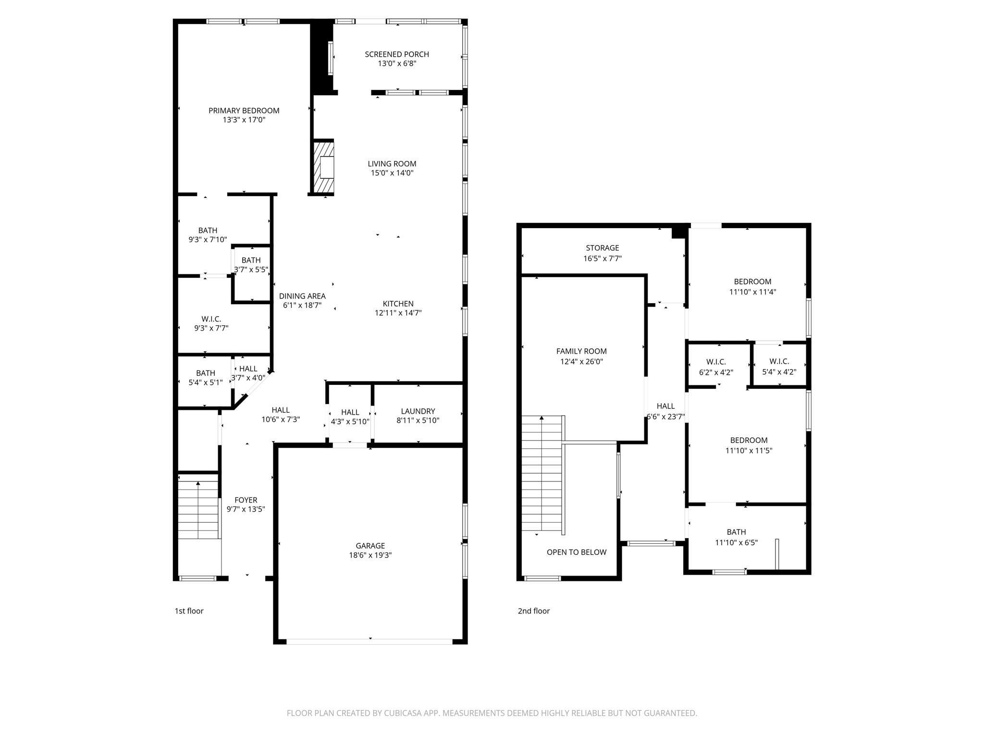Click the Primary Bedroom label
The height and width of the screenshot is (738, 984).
(244, 111)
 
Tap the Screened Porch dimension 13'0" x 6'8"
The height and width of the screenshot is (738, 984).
(397, 63)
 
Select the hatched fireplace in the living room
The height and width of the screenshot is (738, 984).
(323, 167)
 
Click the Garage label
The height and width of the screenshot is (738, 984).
(370, 546)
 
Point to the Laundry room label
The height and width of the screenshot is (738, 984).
(418, 411)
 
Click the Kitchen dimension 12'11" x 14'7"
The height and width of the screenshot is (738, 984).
(398, 313)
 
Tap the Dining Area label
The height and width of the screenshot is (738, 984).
(302, 296)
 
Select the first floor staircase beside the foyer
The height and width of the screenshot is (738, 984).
(198, 509)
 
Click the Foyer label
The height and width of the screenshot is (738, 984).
(246, 500)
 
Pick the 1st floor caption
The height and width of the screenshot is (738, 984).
(189, 611)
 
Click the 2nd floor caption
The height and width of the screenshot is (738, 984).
(533, 611)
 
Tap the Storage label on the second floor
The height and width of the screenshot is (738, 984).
(602, 248)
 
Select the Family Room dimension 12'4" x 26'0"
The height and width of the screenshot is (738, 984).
(581, 362)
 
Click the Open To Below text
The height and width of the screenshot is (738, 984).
(576, 552)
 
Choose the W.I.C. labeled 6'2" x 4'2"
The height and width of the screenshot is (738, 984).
(716, 367)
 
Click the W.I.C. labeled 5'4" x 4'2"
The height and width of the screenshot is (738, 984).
(779, 367)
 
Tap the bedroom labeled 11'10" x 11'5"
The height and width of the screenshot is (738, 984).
(749, 445)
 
